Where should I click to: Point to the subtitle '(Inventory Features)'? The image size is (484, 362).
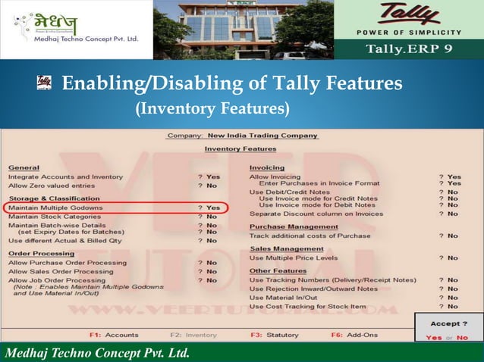(212, 110)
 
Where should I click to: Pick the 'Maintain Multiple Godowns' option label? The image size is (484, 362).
(55, 207)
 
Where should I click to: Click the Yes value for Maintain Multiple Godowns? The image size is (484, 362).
(213, 207)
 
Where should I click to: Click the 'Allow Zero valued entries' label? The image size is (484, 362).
(52, 186)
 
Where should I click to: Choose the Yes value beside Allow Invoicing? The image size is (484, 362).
(454, 176)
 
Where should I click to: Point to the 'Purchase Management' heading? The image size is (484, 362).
(294, 226)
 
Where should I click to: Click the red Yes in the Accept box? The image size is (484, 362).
(434, 338)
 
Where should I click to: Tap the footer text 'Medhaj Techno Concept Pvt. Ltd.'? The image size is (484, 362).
(97, 352)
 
